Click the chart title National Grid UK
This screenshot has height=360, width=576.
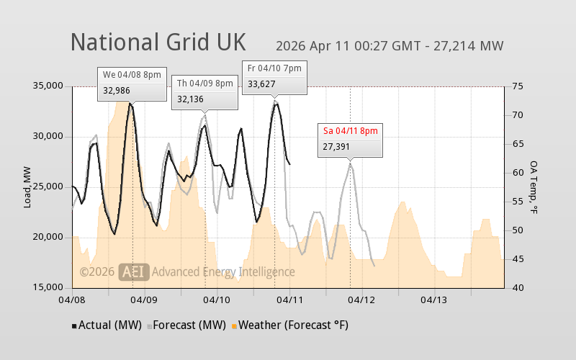coord(158,41)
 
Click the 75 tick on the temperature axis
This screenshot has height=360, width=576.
coord(517,86)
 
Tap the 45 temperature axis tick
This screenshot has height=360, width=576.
coord(517,259)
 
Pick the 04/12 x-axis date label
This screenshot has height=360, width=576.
coord(362,299)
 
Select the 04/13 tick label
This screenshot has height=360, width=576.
coord(434,299)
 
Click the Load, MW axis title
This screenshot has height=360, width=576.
coord(27,187)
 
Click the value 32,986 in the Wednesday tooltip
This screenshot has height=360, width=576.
coord(117,90)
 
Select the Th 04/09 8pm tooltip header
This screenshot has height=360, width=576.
coord(205,84)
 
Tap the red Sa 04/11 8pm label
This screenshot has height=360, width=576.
coord(350,130)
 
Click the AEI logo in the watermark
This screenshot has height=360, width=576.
coord(135,271)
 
